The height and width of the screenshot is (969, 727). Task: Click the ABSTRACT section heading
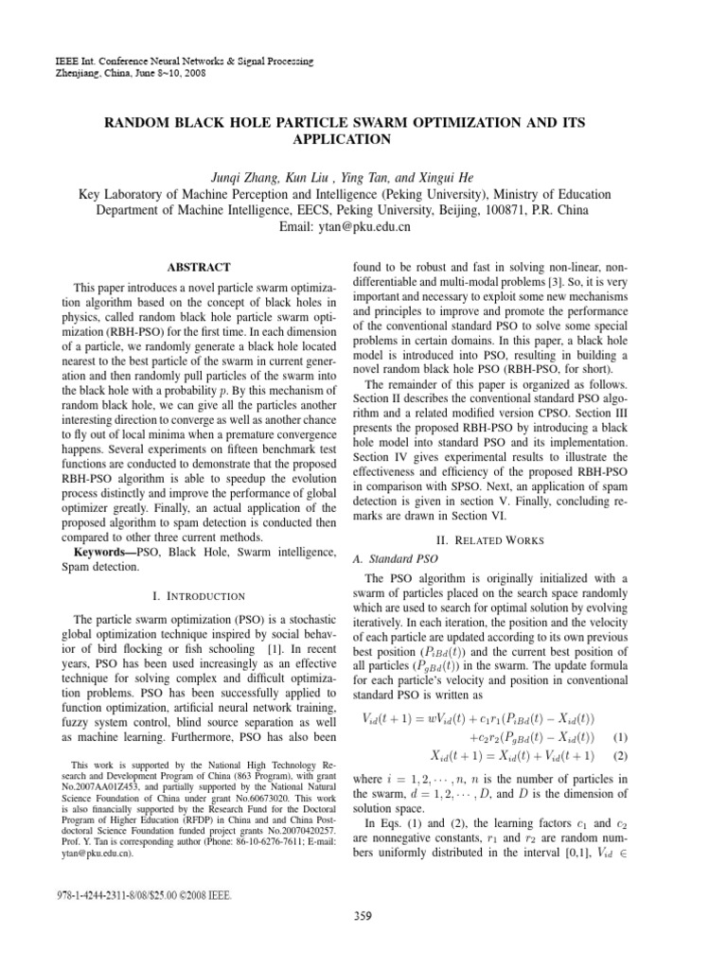pyautogui.click(x=199, y=269)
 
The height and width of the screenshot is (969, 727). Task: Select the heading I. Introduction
pyautogui.click(x=199, y=596)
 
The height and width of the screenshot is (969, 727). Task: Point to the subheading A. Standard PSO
pyautogui.click(x=393, y=557)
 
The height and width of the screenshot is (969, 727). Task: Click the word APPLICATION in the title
pyautogui.click(x=363, y=139)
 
